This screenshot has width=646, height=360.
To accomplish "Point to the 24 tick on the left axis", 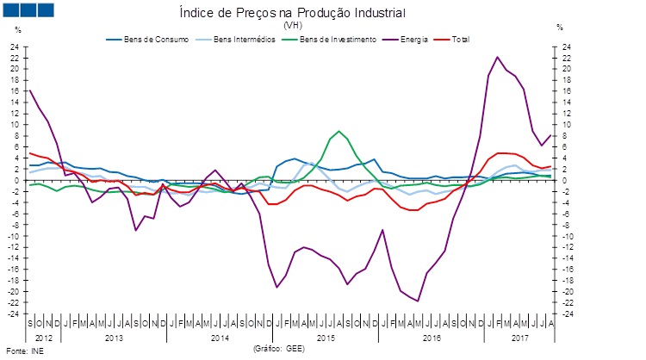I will pyautogui.click(x=15, y=47).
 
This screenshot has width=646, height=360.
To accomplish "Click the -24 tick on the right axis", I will pyautogui.click(x=565, y=313).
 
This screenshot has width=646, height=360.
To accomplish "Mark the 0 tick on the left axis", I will pyautogui.click(x=17, y=180).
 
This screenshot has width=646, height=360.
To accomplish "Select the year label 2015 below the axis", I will pyautogui.click(x=326, y=337).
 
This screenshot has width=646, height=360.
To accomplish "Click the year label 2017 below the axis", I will pyautogui.click(x=519, y=337).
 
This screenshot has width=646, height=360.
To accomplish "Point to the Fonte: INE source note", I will pyautogui.click(x=23, y=351).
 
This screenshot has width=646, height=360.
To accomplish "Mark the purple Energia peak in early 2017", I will pyautogui.click(x=498, y=57).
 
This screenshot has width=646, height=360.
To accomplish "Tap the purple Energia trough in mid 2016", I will pyautogui.click(x=418, y=301).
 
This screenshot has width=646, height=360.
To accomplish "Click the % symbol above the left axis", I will pyautogui.click(x=17, y=29).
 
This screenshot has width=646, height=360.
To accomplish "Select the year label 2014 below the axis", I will pyautogui.click(x=220, y=337).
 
